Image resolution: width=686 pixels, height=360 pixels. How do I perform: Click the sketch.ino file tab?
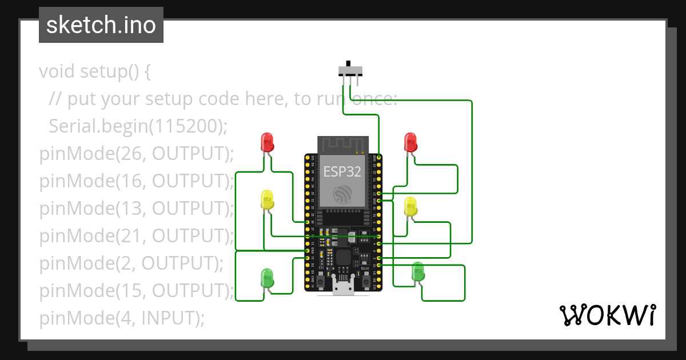pyautogui.click(x=101, y=25)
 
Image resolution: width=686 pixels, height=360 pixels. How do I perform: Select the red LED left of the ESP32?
pyautogui.click(x=267, y=142)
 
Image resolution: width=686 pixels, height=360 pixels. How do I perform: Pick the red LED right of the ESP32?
pyautogui.click(x=410, y=142)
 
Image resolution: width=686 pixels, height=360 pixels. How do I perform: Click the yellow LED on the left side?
pyautogui.click(x=267, y=199)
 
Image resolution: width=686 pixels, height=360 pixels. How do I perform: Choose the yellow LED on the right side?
pyautogui.click(x=410, y=206)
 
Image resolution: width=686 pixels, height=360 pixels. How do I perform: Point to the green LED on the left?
pyautogui.click(x=267, y=277)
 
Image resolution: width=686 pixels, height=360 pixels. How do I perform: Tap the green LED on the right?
pyautogui.click(x=418, y=271)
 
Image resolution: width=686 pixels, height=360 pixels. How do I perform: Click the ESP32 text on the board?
pyautogui.click(x=342, y=171)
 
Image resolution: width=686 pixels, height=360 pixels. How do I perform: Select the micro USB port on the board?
pyautogui.click(x=343, y=287)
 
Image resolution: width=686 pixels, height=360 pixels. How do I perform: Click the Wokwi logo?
pyautogui.click(x=607, y=315)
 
